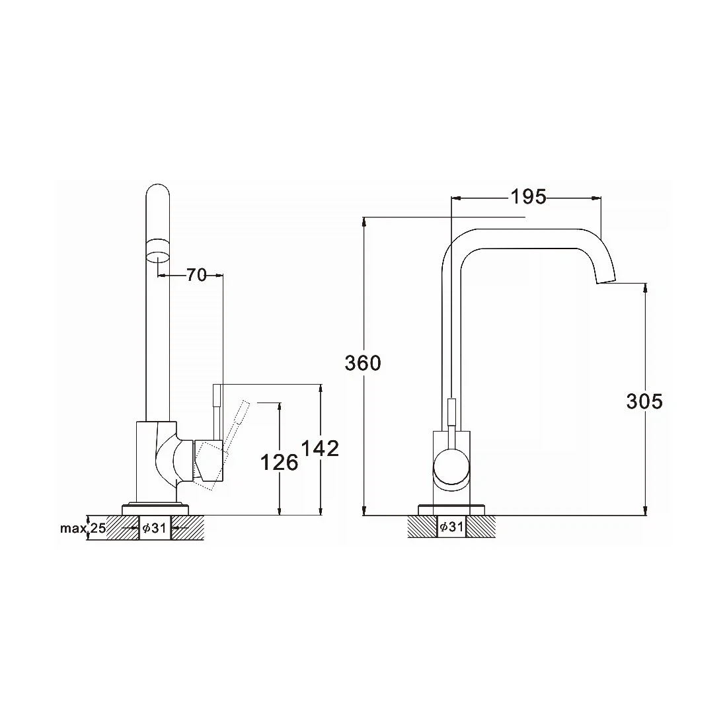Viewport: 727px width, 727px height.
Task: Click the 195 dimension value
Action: tap(529, 197)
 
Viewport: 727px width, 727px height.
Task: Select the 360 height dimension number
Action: tap(363, 363)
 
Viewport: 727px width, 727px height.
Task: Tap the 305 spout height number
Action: tap(644, 401)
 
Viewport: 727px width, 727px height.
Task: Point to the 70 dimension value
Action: tap(196, 275)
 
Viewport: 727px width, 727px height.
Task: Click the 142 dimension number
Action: tap(321, 448)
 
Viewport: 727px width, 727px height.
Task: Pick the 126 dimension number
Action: tap(279, 462)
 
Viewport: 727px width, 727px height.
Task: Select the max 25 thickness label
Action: tap(83, 527)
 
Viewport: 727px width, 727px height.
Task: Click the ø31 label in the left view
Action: tap(155, 527)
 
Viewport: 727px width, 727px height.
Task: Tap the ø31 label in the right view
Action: tap(451, 526)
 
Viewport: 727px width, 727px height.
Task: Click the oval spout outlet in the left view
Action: tap(158, 256)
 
